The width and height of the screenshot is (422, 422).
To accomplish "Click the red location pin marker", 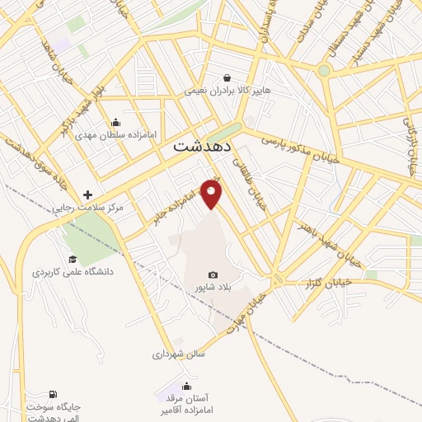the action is click(x=213, y=194).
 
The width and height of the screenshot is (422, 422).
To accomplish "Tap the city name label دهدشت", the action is click(x=203, y=147).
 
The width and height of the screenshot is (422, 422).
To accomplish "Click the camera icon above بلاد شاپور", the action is click(x=213, y=274).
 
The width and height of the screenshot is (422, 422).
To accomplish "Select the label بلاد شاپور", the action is click(x=211, y=287).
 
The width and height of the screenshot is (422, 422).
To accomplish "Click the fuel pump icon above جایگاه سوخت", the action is click(x=54, y=395).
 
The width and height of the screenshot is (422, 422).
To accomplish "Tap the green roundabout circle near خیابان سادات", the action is click(x=324, y=71).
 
